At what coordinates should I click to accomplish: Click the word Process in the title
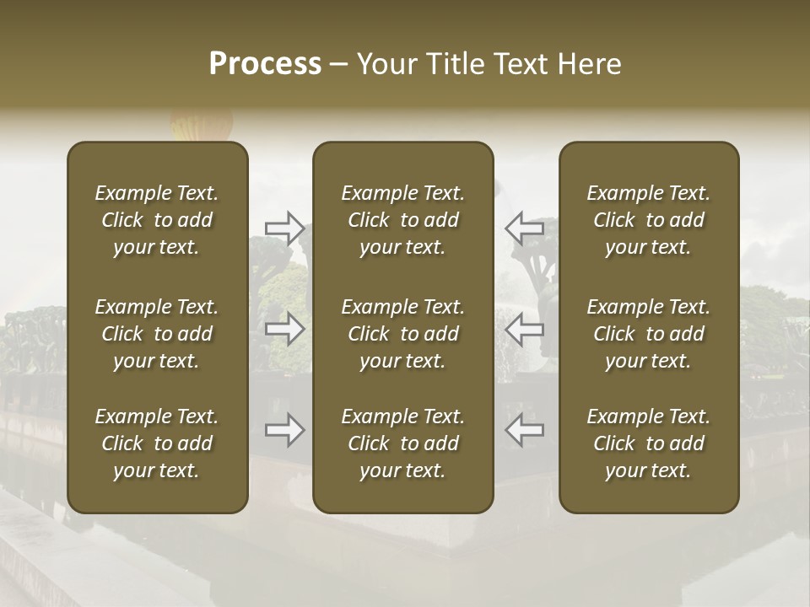pyautogui.click(x=265, y=64)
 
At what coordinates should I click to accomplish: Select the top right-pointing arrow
pyautogui.click(x=284, y=228)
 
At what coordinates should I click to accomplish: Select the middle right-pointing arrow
pyautogui.click(x=284, y=329)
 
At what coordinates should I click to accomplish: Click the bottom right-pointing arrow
pyautogui.click(x=284, y=430)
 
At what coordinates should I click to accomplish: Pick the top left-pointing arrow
pyautogui.click(x=524, y=228)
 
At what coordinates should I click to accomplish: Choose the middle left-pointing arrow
pyautogui.click(x=524, y=329)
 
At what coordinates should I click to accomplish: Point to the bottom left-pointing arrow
pyautogui.click(x=524, y=430)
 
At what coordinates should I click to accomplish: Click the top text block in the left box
pyautogui.click(x=157, y=220)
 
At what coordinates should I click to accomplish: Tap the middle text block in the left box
pyautogui.click(x=157, y=334)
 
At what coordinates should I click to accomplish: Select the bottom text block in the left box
pyautogui.click(x=157, y=443)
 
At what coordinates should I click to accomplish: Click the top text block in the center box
pyautogui.click(x=403, y=220)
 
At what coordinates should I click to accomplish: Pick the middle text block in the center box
pyautogui.click(x=403, y=334)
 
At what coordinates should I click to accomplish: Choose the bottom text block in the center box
pyautogui.click(x=403, y=443)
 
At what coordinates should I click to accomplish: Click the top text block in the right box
pyautogui.click(x=649, y=220)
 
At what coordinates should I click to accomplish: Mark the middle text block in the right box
pyautogui.click(x=649, y=334)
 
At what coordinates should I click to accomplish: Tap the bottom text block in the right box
pyautogui.click(x=649, y=443)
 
